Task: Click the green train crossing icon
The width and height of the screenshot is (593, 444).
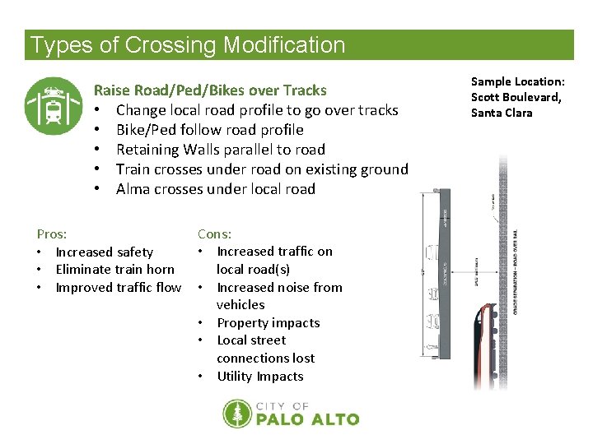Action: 54,106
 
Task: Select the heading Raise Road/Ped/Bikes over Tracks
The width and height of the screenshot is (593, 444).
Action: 210,90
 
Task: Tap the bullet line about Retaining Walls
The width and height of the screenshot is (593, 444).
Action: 220,150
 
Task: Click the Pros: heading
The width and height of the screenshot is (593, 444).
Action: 52,234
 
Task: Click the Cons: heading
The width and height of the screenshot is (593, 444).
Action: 214,234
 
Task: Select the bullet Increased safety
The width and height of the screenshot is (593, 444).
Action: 104,252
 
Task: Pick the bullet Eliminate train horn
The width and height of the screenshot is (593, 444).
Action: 114,270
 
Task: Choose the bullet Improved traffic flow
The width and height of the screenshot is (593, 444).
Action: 118,288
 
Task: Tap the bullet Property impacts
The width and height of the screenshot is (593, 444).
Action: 268,323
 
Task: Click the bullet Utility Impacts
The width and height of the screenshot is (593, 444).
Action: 259,377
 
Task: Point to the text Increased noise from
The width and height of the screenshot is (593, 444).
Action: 279,288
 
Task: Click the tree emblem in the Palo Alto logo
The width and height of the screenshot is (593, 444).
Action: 237,414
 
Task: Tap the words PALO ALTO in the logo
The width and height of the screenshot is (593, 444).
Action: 308,419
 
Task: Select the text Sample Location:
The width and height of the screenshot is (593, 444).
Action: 517,82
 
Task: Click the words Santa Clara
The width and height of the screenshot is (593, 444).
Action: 502,113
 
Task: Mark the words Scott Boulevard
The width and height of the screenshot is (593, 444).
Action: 516,97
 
